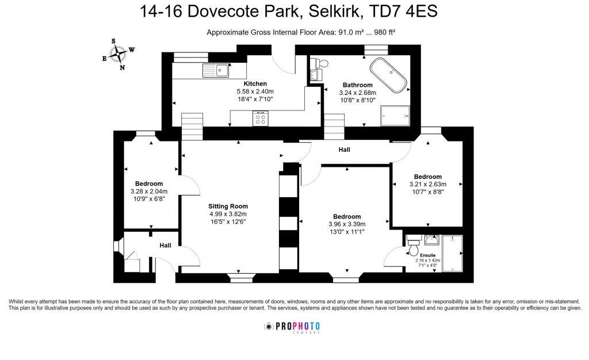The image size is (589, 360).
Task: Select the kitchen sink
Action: pyautogui.click(x=215, y=71)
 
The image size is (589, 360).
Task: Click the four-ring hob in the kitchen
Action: pyautogui.click(x=260, y=119)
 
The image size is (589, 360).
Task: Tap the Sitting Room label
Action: pyautogui.click(x=228, y=206)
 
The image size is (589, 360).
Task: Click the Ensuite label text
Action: pyautogui.click(x=427, y=254)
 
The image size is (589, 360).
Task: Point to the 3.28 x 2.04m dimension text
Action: pyautogui.click(x=148, y=192)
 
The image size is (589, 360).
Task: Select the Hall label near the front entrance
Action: pyautogui.click(x=165, y=246)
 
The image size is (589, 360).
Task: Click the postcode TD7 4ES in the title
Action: pyautogui.click(x=409, y=12)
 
